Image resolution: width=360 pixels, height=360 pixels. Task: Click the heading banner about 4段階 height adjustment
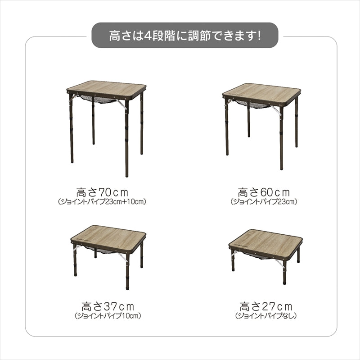coord(185,35)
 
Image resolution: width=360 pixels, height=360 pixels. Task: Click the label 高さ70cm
coord(102,192)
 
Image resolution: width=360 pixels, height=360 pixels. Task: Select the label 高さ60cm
coord(264,192)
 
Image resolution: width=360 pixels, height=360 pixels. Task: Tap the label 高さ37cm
coord(108,306)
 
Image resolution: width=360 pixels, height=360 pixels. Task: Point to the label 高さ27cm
coord(266,306)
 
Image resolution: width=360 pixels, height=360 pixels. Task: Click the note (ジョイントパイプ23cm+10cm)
coord(102,201)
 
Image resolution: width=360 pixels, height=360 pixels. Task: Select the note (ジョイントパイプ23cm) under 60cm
coord(264,201)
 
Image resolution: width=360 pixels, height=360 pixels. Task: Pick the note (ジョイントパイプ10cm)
coord(108,316)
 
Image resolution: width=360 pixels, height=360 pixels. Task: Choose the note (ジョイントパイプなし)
coord(266,316)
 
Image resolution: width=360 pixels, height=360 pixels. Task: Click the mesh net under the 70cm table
coord(99,100)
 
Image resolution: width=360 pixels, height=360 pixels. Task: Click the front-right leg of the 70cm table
coord(127,138)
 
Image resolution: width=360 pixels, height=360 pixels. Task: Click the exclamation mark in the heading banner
coord(259,35)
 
